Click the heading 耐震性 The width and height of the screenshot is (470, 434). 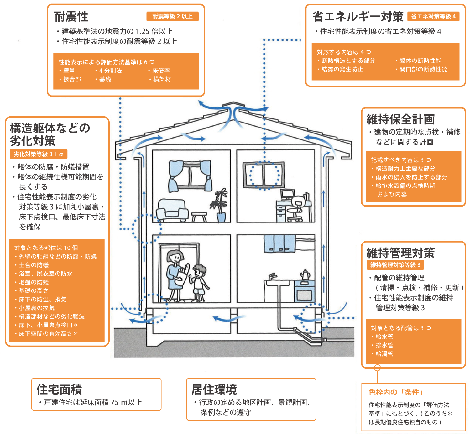(71, 17)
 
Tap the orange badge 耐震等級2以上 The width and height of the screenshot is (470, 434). (172, 17)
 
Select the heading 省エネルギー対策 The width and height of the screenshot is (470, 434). (358, 17)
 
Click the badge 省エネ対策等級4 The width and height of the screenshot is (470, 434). (433, 17)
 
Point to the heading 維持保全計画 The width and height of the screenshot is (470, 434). (400, 119)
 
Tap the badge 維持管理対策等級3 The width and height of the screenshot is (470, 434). (395, 265)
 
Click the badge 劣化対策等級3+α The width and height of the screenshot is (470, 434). (39, 154)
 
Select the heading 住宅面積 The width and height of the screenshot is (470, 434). (59, 390)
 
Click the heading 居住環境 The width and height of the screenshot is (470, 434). (214, 390)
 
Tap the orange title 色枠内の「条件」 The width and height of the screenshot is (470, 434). (396, 392)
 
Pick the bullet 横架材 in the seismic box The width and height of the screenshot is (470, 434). (162, 79)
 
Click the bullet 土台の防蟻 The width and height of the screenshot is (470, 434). (34, 265)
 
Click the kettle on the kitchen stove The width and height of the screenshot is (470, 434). (305, 275)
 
